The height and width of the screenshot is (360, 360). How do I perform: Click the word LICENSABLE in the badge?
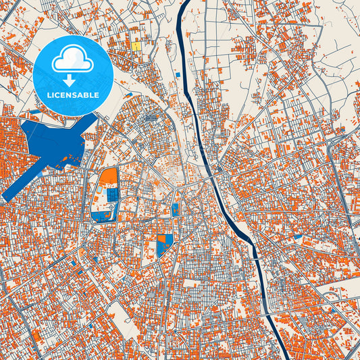[x=72, y=95]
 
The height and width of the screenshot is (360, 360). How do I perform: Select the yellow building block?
[x=136, y=47]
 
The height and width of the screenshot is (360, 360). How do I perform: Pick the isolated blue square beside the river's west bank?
[x=177, y=75]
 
